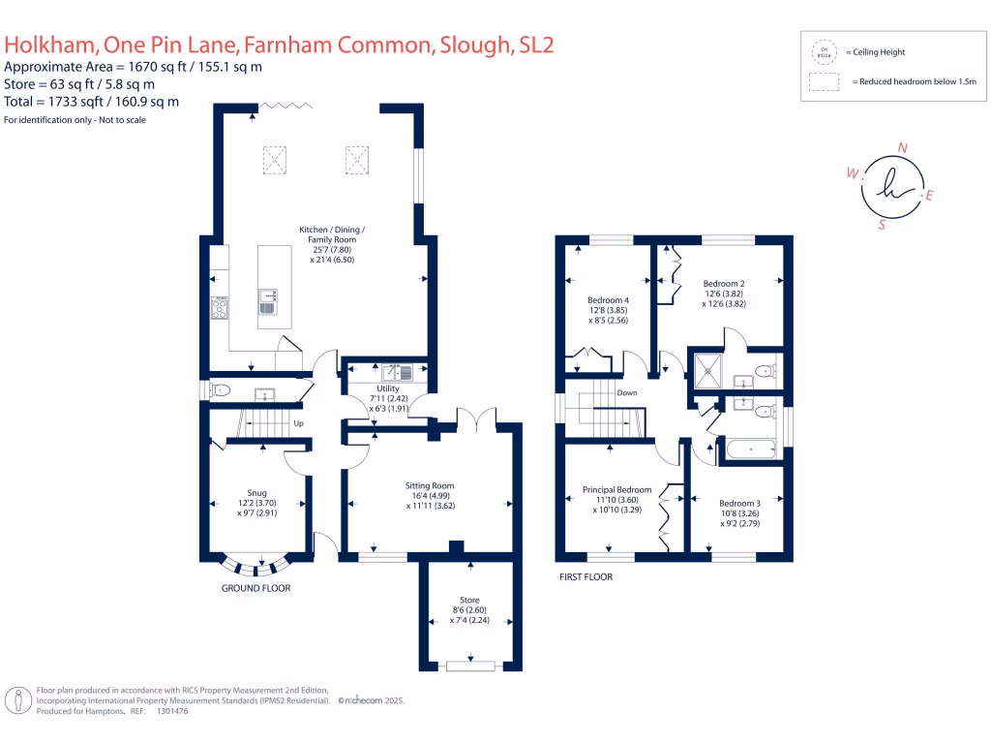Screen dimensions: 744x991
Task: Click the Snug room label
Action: pos(256,492)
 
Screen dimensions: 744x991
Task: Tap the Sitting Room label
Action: pos(430,485)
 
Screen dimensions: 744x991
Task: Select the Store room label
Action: pos(469,600)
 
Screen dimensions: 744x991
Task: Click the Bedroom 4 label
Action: pos(608,299)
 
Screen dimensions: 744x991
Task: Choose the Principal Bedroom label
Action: pos(616,490)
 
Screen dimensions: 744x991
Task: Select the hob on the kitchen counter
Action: pos(220,308)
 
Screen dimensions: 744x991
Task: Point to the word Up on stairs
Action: pos(299,424)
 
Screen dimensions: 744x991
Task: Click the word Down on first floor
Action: pos(627,393)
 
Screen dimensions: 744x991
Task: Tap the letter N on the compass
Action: pos(903,148)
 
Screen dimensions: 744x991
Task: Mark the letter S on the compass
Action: pos(882,226)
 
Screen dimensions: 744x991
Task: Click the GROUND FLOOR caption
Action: pos(255,588)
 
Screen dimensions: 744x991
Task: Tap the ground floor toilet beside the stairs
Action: pos(220,390)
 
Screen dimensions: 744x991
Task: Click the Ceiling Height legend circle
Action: pos(825,51)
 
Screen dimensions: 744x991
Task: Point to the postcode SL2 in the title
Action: pos(532,45)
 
